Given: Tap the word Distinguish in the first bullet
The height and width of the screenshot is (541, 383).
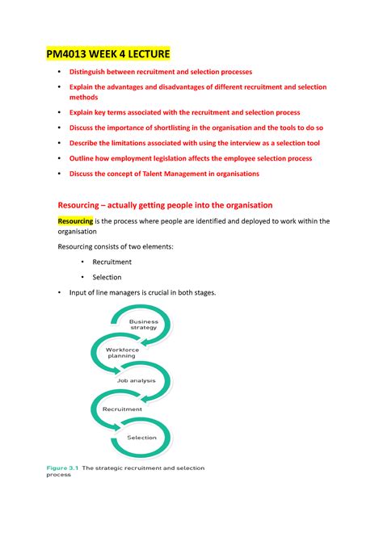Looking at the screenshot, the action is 92,72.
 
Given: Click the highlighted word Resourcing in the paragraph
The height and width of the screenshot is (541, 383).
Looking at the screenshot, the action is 75,221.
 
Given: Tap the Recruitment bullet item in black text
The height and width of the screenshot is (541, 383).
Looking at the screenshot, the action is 112,262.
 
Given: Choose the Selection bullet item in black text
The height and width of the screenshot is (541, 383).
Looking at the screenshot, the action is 107,277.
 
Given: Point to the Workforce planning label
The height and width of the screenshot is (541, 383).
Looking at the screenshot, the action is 123,352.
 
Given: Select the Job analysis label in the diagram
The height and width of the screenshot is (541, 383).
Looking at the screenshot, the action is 137,380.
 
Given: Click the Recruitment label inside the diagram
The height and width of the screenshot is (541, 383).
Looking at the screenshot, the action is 122,409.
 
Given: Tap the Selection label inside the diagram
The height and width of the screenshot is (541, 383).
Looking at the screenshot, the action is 142,438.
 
